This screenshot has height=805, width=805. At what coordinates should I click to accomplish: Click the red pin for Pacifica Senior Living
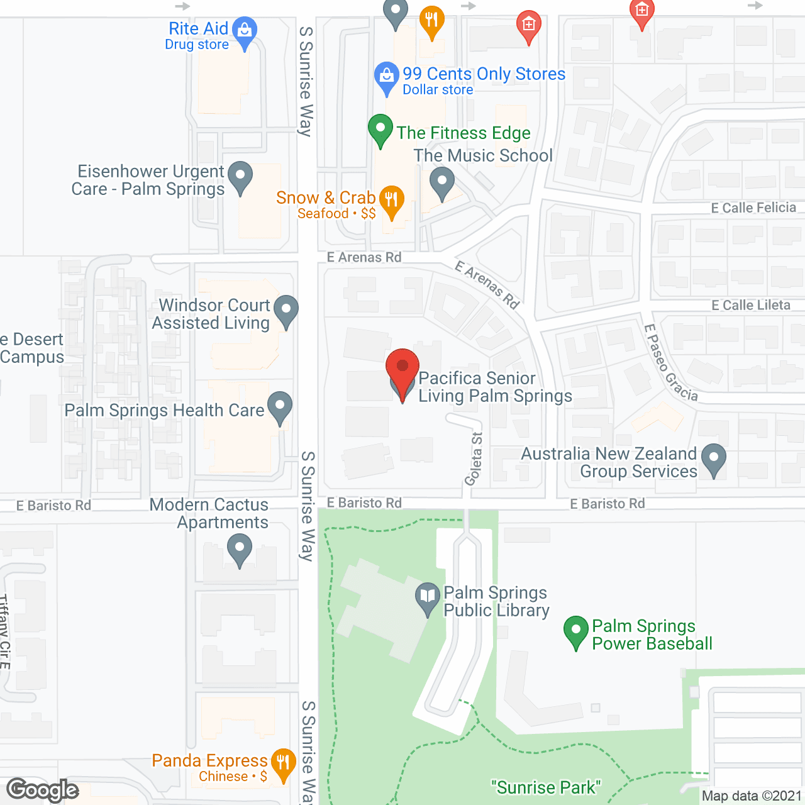coord(402,369)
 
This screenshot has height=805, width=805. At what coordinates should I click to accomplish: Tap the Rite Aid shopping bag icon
coord(245,30)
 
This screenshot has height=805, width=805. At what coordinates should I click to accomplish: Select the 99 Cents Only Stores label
coord(484,74)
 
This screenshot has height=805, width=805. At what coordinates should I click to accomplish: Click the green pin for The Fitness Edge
coord(380,128)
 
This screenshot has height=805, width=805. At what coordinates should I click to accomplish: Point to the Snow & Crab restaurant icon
coord(392,200)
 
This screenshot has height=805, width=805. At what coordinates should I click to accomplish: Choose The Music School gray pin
coord(442,182)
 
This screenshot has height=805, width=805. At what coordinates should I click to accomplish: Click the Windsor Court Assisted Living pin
coord(286,310)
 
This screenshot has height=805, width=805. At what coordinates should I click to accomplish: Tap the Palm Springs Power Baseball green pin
coord(576,630)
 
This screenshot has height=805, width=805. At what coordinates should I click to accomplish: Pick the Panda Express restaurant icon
coord(283,763)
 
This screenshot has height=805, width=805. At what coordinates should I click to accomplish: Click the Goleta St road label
coord(474,459)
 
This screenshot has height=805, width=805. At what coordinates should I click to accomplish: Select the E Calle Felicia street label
coord(753,208)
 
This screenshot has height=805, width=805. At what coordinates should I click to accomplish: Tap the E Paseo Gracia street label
coord(671,363)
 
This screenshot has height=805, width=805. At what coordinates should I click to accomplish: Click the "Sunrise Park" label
coord(546,787)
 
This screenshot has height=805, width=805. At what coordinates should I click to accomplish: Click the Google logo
coord(43,790)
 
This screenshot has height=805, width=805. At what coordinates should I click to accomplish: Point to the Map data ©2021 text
coord(752,796)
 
